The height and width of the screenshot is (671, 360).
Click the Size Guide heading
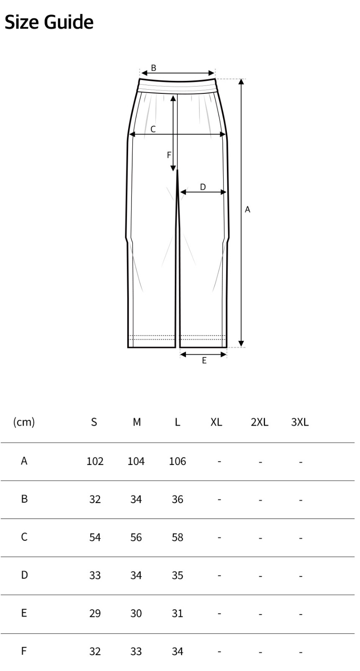coord(49,23)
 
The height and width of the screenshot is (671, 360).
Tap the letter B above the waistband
coord(153,68)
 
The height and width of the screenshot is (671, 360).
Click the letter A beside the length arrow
coord(247,209)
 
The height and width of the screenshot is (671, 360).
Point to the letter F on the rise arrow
coord(169,155)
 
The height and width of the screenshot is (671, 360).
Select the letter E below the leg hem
coord(204,360)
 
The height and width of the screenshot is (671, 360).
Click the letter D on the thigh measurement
coord(203,187)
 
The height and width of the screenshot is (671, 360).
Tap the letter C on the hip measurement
coord(153,129)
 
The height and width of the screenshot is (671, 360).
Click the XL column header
coord(216,422)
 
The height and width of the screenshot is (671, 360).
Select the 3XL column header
coord(300,422)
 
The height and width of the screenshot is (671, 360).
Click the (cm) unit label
coord(24,422)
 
